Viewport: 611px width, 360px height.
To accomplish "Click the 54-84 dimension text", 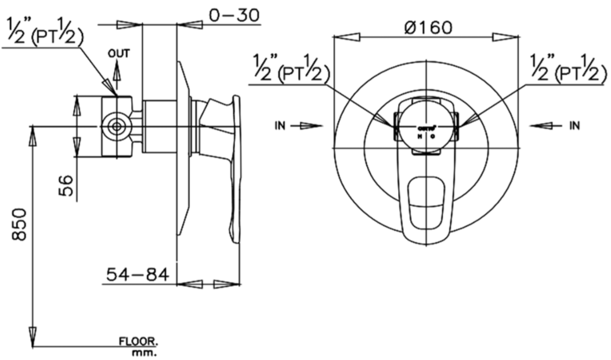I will (138, 273).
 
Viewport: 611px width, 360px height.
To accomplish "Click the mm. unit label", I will (144, 352).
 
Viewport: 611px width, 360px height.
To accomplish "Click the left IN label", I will (280, 125).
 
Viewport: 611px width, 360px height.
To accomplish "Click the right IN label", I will (574, 125).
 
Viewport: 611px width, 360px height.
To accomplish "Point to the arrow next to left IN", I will (306, 125).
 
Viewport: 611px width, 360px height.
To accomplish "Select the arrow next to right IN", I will (547, 125).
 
